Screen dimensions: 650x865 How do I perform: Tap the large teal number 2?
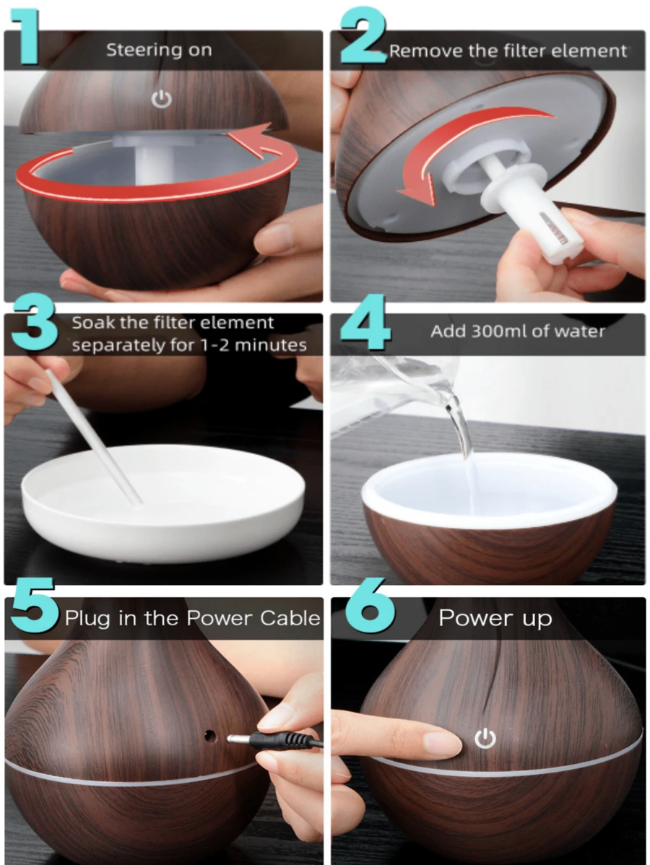click(363, 36)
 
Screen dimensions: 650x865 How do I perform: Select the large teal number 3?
click(34, 323)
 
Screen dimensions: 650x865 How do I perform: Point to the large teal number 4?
click(365, 323)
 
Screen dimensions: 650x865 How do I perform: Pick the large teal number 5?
click(34, 605)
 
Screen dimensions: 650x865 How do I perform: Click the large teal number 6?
click(370, 605)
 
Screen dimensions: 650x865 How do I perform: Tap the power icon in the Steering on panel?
click(162, 100)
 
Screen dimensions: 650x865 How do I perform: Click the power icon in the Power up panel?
click(485, 739)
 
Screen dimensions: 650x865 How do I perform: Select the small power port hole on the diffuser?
click(209, 735)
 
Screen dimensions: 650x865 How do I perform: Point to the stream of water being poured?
click(461, 436)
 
